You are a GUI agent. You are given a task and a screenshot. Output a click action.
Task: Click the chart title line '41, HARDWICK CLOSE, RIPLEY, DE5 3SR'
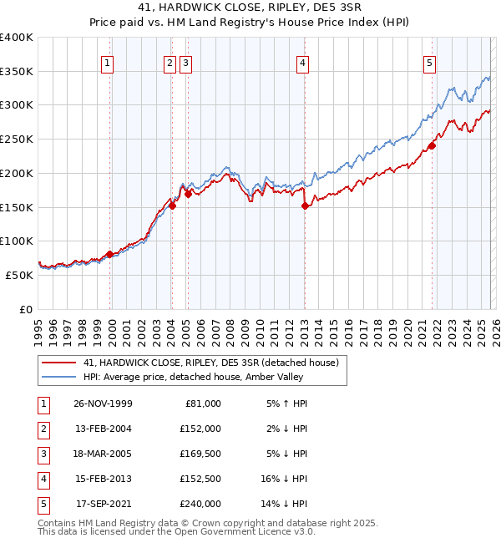click(250, 8)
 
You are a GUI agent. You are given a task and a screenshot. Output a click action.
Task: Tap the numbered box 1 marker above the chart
click(109, 62)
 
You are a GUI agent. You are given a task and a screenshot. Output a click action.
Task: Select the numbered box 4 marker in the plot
click(302, 62)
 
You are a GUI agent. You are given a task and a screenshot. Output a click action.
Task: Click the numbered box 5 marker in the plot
click(429, 62)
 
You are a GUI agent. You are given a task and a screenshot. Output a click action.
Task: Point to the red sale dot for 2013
click(305, 206)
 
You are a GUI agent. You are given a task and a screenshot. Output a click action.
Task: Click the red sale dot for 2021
click(432, 146)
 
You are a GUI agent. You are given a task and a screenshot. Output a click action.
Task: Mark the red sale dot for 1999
click(110, 254)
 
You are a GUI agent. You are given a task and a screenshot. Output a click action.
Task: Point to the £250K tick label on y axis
click(17, 140)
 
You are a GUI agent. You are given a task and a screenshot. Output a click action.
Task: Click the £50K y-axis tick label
click(19, 275)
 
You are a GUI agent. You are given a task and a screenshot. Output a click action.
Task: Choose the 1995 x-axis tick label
click(38, 327)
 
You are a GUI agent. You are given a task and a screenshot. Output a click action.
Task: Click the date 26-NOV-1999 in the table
click(104, 403)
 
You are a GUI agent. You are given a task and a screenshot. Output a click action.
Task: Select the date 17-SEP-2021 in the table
click(104, 504)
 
